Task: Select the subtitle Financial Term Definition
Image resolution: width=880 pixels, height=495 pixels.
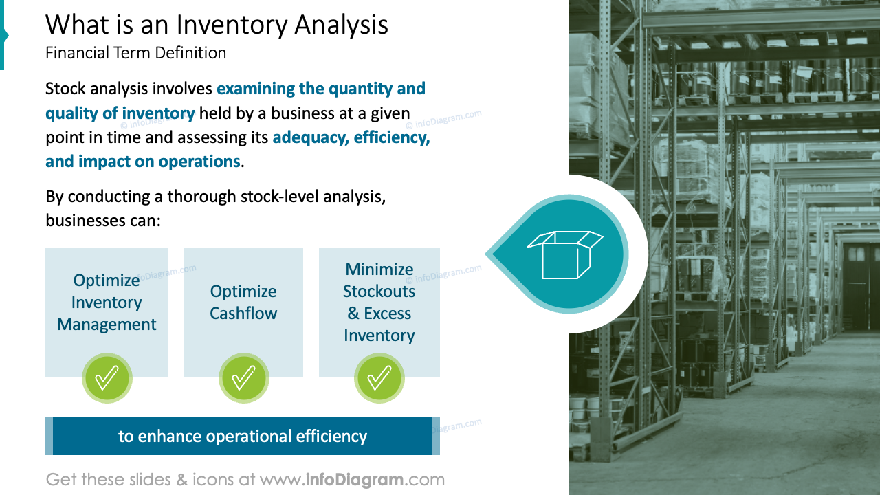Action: tap(135, 53)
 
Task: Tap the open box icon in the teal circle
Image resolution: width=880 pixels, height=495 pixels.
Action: tap(564, 254)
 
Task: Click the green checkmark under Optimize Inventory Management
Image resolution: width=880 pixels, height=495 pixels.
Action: tap(107, 378)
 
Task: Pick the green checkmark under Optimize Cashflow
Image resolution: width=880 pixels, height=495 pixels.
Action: tap(243, 378)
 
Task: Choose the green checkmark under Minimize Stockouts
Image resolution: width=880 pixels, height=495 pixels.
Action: tap(379, 378)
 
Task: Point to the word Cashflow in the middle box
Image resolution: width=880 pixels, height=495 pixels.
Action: tap(243, 313)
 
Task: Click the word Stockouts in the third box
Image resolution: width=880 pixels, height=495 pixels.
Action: tap(379, 291)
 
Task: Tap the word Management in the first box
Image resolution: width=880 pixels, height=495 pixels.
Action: tap(107, 324)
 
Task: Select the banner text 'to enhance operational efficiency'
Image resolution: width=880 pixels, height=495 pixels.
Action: tap(243, 437)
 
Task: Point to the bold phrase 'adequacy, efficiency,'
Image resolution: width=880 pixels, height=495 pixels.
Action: tap(351, 137)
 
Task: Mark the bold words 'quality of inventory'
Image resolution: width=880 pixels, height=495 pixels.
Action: tap(120, 113)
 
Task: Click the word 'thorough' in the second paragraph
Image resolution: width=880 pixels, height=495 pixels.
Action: tap(203, 197)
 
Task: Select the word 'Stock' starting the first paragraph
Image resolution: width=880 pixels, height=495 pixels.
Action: tap(66, 89)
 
